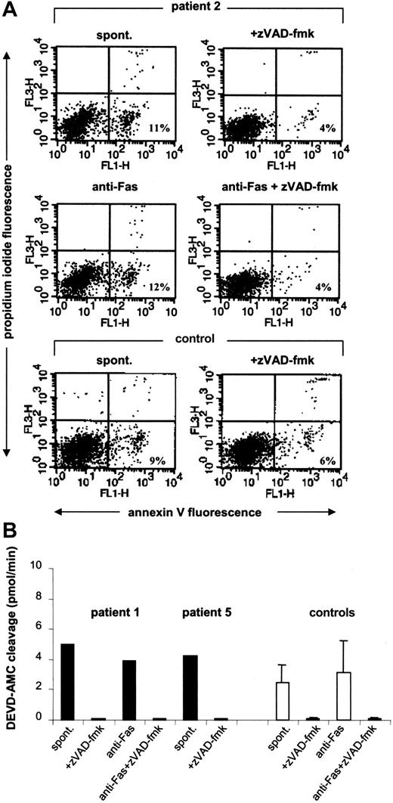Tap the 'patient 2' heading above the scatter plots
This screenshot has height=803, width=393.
point(199,8)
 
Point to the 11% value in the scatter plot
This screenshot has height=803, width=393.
point(157,123)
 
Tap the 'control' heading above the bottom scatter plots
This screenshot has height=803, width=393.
point(199,339)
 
